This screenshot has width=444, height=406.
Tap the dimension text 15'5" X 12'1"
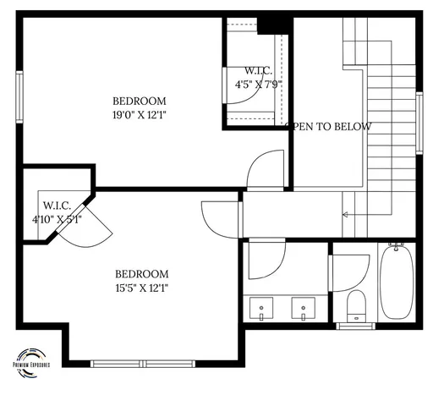[x=141, y=288]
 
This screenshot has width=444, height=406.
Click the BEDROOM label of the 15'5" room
[x=141, y=273]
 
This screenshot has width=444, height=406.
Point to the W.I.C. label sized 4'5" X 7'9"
[x=258, y=70]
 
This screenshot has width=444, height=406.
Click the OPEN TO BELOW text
[x=330, y=127]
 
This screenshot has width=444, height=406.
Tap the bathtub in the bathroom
[x=397, y=283]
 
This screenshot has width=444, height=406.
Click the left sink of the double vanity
[x=262, y=305]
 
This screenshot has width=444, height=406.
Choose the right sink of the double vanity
[x=301, y=305]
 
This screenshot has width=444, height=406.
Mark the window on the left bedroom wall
[x=19, y=98]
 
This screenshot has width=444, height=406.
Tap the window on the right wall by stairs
[x=419, y=123]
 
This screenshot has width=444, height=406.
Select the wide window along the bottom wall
[x=143, y=364]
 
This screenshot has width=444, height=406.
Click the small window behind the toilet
[x=356, y=326]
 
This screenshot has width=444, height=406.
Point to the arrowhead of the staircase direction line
[x=345, y=215]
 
